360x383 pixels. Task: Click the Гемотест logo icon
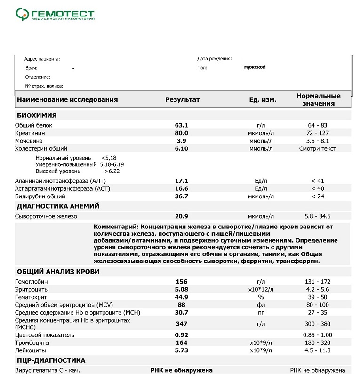[x=22, y=15]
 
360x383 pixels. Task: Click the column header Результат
[x=182, y=100]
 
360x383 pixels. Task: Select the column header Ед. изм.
[x=263, y=100]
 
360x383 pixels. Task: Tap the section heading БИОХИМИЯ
[x=37, y=115]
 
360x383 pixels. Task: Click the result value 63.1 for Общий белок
[x=181, y=125]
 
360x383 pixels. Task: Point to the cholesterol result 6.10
[x=181, y=148]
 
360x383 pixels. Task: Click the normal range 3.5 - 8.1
[x=318, y=141]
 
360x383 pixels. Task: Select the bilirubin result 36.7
[x=181, y=196]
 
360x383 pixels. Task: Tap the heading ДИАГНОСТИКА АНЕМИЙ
[x=58, y=206]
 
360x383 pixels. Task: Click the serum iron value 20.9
[x=181, y=216]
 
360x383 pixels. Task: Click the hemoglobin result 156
[x=181, y=281]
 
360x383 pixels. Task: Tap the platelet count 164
[x=181, y=342]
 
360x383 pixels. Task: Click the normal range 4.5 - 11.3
[x=318, y=350]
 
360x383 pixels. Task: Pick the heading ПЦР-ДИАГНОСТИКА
[x=51, y=360]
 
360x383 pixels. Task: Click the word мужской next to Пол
[x=255, y=67]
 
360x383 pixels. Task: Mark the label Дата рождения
[x=214, y=59]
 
